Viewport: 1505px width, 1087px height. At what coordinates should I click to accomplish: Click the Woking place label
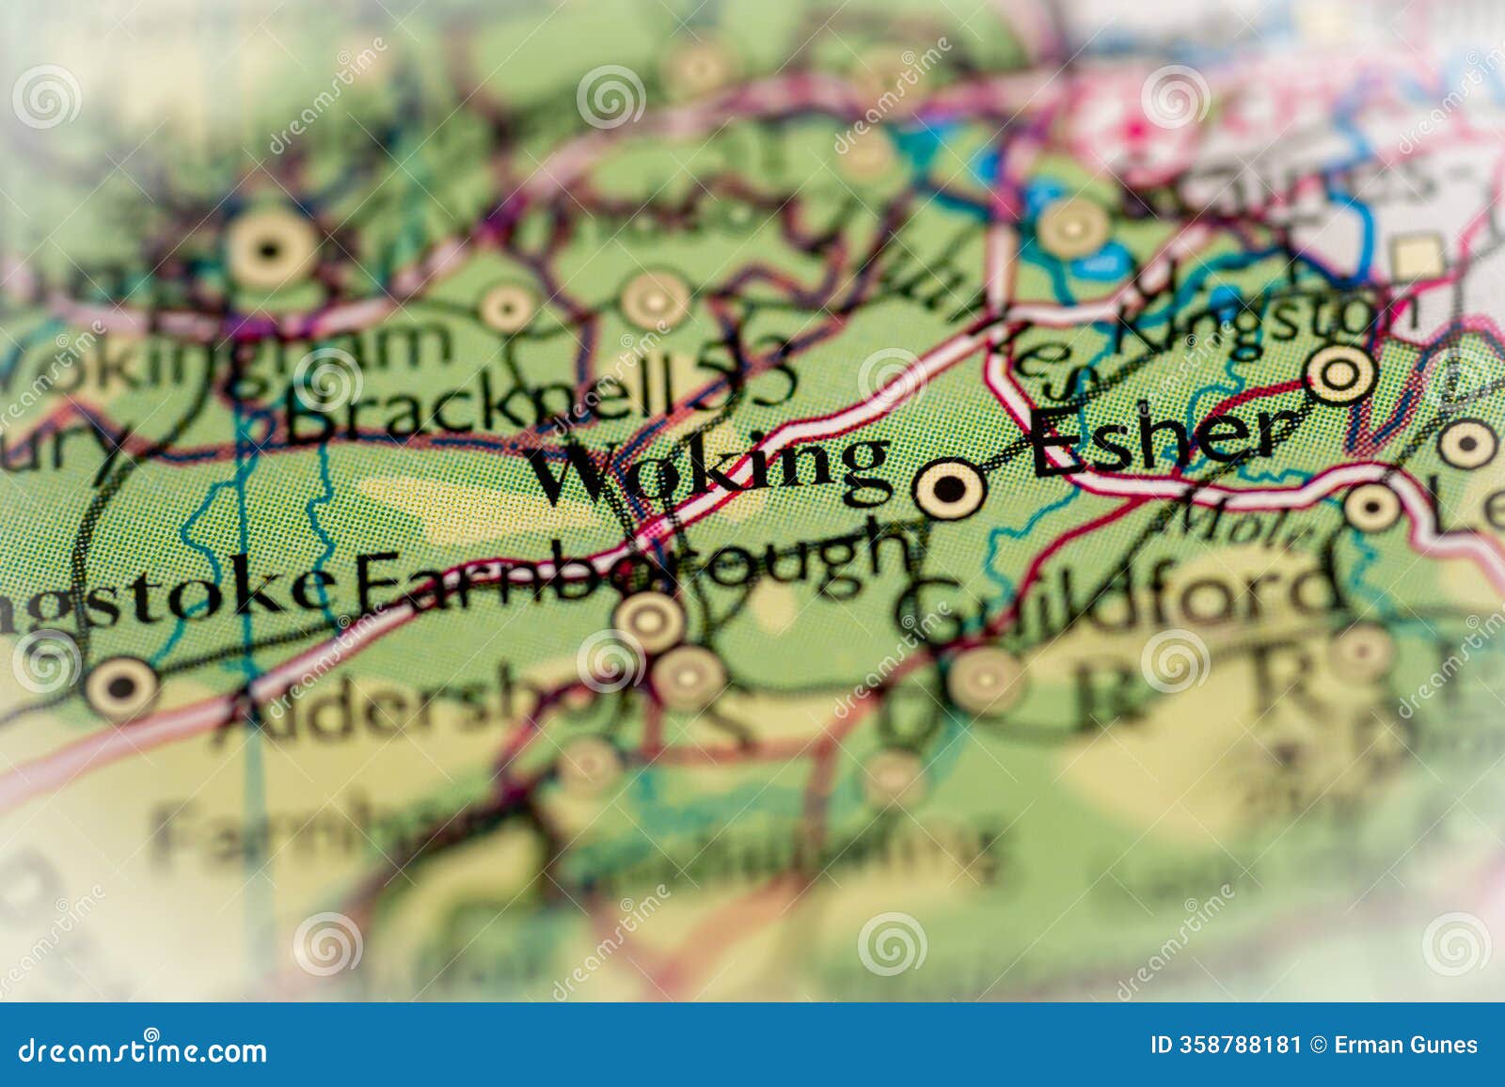coord(711,467)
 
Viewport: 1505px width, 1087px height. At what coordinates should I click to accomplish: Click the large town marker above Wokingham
coord(271,250)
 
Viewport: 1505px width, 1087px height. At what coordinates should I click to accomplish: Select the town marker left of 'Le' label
coord(1371,507)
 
